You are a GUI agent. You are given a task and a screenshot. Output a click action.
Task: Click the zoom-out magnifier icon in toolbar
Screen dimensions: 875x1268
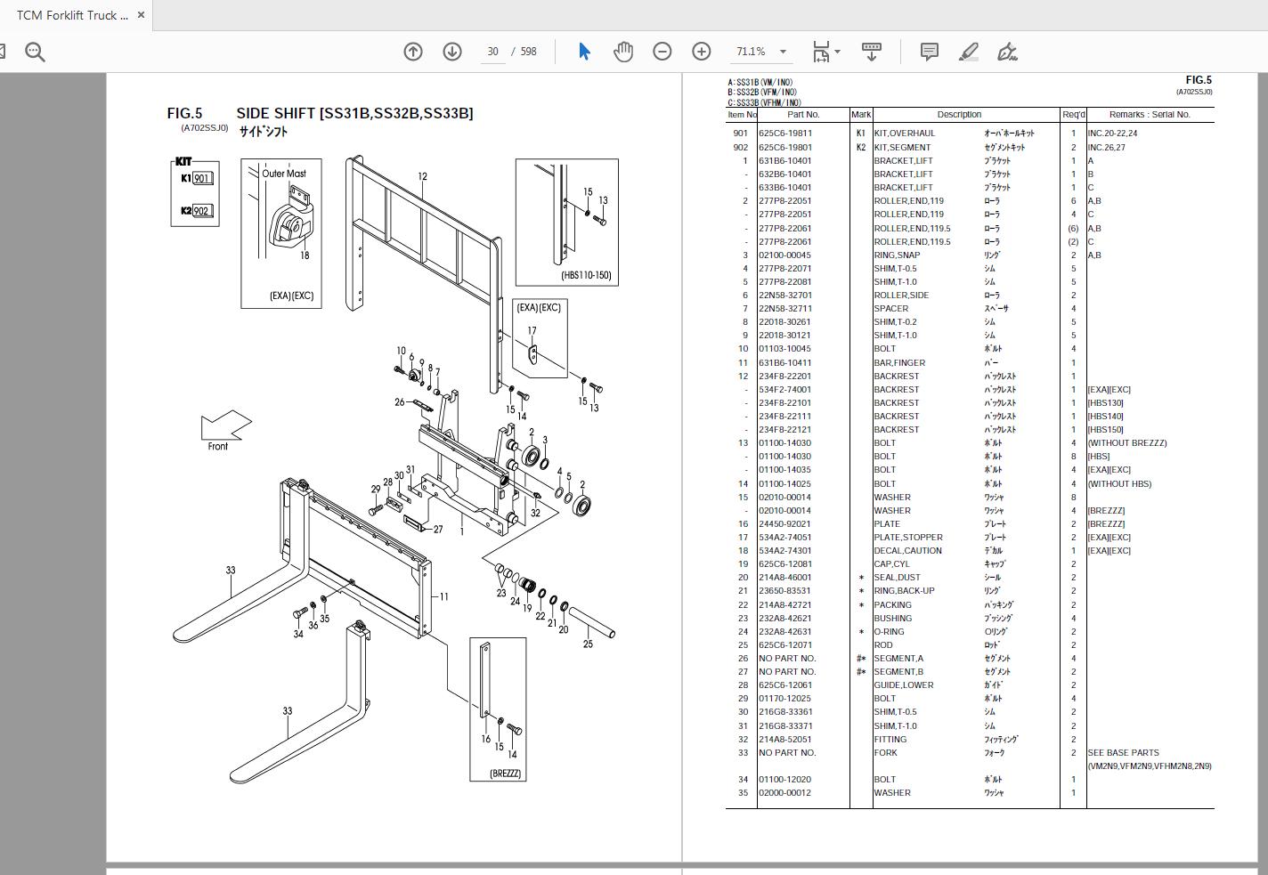[x=35, y=53]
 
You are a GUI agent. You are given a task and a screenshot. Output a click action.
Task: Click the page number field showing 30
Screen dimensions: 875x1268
[x=492, y=52]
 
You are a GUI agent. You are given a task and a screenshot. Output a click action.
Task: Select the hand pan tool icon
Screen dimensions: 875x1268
[x=623, y=52]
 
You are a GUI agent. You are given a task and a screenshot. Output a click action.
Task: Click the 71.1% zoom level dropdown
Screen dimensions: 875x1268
[x=760, y=52]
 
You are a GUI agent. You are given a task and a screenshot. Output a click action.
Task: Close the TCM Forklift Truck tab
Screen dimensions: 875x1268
[x=141, y=15]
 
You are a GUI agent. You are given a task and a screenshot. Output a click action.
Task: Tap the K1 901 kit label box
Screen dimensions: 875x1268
[x=196, y=178]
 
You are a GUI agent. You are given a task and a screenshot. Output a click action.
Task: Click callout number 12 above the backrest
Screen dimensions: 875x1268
[x=422, y=176]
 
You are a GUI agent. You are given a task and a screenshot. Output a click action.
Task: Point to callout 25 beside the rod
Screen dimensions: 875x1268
[x=588, y=644]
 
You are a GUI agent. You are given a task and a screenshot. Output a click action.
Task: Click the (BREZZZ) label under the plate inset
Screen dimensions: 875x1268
[x=505, y=774]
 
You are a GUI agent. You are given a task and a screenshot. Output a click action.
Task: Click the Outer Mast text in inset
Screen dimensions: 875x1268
[x=284, y=174]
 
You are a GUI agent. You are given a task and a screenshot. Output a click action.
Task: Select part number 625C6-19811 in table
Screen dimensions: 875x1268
[x=785, y=134]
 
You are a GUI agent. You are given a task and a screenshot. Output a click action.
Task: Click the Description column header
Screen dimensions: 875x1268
[x=959, y=115]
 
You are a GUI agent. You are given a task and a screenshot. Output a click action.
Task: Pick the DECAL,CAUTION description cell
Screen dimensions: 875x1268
[x=907, y=551]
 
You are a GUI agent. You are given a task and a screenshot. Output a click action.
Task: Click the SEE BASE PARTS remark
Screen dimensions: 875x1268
[x=1123, y=753]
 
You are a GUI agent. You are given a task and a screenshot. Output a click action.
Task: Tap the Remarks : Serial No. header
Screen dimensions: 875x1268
[x=1150, y=115]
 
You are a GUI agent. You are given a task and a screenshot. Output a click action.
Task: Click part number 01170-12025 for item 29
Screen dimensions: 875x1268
[x=784, y=699]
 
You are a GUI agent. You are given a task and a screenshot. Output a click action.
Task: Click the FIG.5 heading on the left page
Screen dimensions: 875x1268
[x=184, y=113]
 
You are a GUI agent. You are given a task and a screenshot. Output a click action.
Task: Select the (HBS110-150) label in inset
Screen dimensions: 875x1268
[x=586, y=275]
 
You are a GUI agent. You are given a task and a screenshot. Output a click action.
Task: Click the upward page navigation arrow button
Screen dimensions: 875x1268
[x=413, y=52]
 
